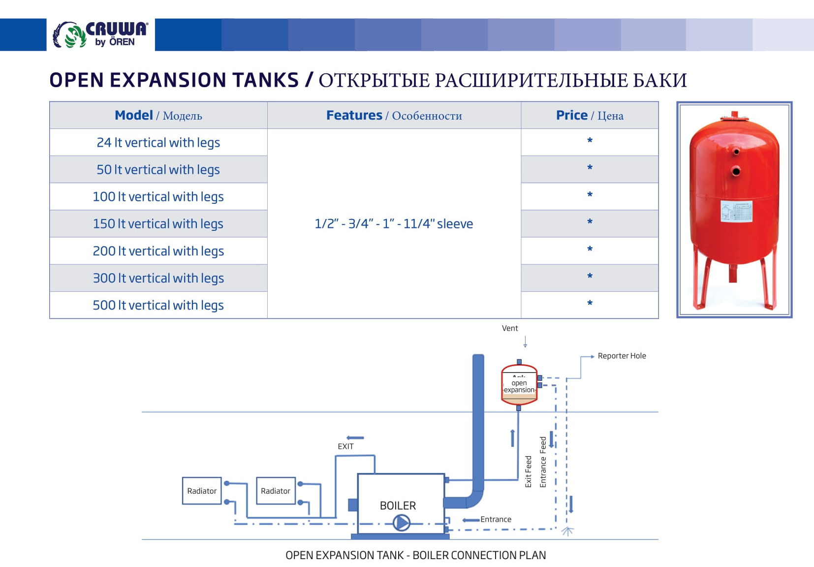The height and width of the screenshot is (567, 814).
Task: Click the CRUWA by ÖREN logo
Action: point(100,35)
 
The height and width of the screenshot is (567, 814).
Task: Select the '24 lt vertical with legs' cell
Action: point(158,143)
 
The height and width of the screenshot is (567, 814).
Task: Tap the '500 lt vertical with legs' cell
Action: point(158,305)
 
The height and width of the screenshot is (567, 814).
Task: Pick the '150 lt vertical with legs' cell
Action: point(158,224)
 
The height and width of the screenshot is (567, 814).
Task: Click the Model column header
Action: point(158,116)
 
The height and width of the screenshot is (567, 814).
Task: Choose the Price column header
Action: point(589,116)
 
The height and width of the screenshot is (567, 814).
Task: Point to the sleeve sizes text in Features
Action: point(394,224)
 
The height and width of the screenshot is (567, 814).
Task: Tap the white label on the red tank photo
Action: point(736,211)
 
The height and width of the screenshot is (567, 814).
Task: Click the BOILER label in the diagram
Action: point(398,506)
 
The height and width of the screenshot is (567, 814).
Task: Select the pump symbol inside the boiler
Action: point(402,523)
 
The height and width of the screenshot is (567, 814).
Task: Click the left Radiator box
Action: point(202,491)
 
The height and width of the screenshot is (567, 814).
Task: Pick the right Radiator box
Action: point(276,491)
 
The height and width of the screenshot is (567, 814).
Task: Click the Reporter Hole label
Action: point(622,356)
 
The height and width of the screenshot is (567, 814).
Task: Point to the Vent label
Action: point(510,328)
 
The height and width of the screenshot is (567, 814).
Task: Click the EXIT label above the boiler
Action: point(345,446)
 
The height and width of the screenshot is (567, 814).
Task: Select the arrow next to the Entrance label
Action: point(471,520)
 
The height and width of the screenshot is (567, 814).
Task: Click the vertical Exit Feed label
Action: point(529,472)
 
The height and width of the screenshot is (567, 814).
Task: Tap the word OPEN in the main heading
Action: point(76,80)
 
